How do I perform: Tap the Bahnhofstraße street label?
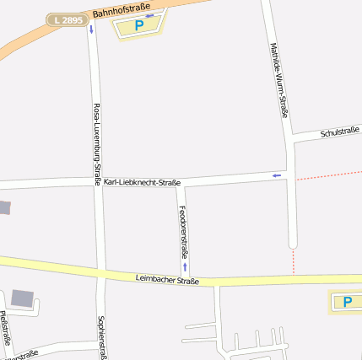point(115,9)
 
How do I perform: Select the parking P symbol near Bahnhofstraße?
point(139,25)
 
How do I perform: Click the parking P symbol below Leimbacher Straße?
point(347,301)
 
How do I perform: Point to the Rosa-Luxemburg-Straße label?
point(97,143)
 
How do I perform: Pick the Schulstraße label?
point(340,132)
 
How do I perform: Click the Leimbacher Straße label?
point(167,279)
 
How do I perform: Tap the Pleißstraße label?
point(7,329)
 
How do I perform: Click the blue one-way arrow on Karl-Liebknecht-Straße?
point(276,175)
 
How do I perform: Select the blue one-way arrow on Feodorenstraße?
point(184,266)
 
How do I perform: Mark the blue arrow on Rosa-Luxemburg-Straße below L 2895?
point(90,30)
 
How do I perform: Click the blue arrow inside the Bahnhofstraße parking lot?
point(149,15)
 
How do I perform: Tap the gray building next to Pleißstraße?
point(23,298)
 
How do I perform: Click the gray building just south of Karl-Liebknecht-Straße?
point(4,207)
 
